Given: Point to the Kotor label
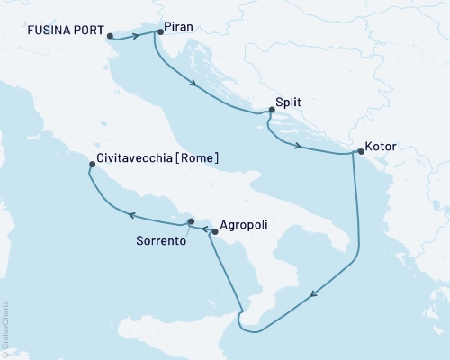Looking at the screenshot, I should [382, 144].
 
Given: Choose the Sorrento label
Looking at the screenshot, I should [161, 241].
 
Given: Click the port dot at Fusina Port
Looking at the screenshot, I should [110, 37].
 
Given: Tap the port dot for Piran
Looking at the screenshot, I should [160, 32].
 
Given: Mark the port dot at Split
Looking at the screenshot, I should [269, 112].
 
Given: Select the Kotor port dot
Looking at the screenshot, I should [358, 153].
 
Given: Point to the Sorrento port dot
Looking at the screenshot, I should [190, 221].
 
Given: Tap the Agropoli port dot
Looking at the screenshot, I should [214, 231].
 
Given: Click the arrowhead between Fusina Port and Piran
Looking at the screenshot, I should [141, 36].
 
